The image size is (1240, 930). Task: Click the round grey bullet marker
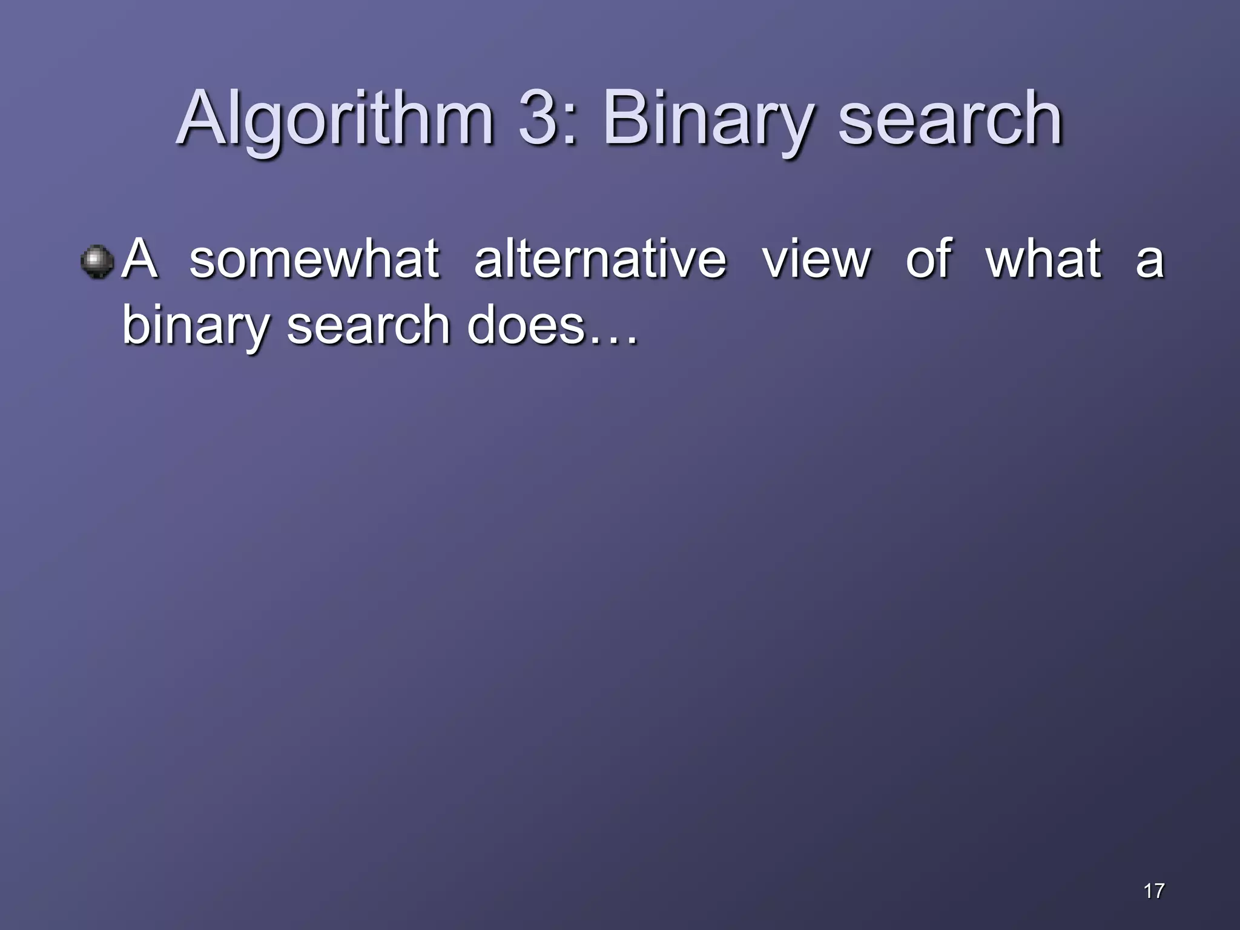pyautogui.click(x=97, y=262)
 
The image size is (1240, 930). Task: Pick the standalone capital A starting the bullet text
pyautogui.click(x=140, y=259)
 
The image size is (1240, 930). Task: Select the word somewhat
pyautogui.click(x=314, y=259)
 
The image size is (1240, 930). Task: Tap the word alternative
pyautogui.click(x=600, y=259)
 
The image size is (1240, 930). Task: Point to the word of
pyautogui.click(x=929, y=259)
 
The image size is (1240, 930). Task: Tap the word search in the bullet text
pyautogui.click(x=368, y=325)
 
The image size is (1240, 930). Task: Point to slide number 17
pyautogui.click(x=1154, y=891)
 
